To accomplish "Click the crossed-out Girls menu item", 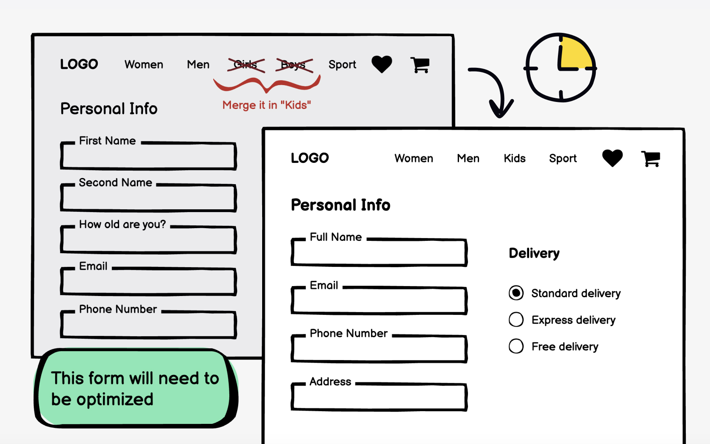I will point(246,65).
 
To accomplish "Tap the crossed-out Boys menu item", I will point(293,65).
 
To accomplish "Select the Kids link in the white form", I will point(514,158).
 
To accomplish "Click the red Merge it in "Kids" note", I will point(266,105).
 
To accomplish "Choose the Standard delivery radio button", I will point(516,293).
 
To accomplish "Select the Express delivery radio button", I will point(516,320).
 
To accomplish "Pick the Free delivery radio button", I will point(516,347).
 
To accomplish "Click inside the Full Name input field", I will point(379,253).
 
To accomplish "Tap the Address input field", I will point(379,398).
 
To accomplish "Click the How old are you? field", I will point(148,240).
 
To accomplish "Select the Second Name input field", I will point(148,199).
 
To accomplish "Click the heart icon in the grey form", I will point(382,64).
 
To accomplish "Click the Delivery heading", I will point(534,253).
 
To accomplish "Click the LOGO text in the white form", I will point(310,158).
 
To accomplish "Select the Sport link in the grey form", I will point(342,65).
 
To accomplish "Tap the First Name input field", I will point(148,157).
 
